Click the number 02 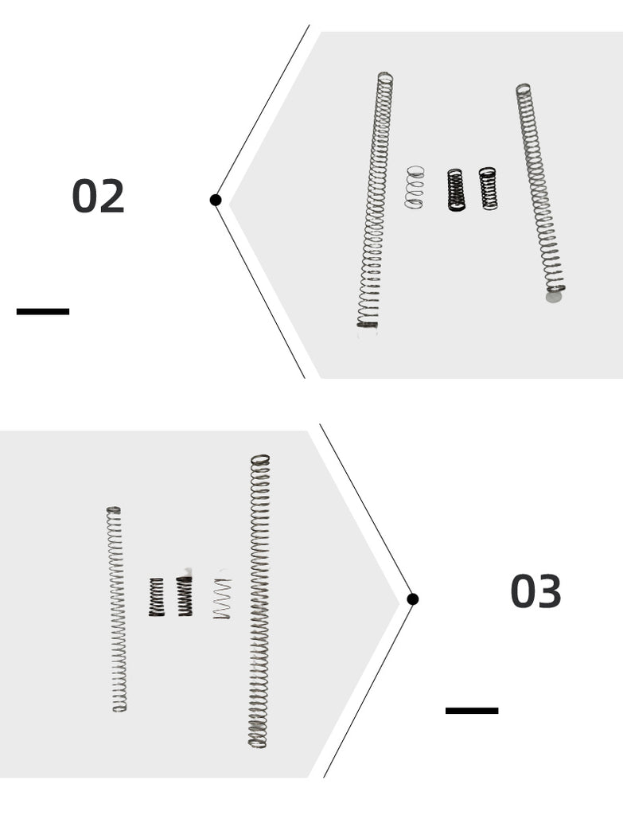[98, 196]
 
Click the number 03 [535, 591]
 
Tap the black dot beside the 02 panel [216, 200]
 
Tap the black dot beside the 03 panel [413, 599]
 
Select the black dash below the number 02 [43, 311]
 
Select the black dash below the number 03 [472, 711]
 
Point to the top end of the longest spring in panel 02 [385, 76]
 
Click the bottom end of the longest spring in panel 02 [368, 324]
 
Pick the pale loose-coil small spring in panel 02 [415, 187]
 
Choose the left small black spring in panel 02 [456, 189]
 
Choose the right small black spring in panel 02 [488, 188]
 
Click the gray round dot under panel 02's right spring [554, 297]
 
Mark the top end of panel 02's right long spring [523, 88]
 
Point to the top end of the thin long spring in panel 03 [113, 509]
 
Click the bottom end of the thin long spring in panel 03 [119, 708]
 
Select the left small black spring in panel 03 [157, 597]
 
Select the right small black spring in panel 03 [185, 596]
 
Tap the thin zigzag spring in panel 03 [222, 599]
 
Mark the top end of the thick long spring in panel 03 [260, 459]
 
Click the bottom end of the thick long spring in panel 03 [257, 743]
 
